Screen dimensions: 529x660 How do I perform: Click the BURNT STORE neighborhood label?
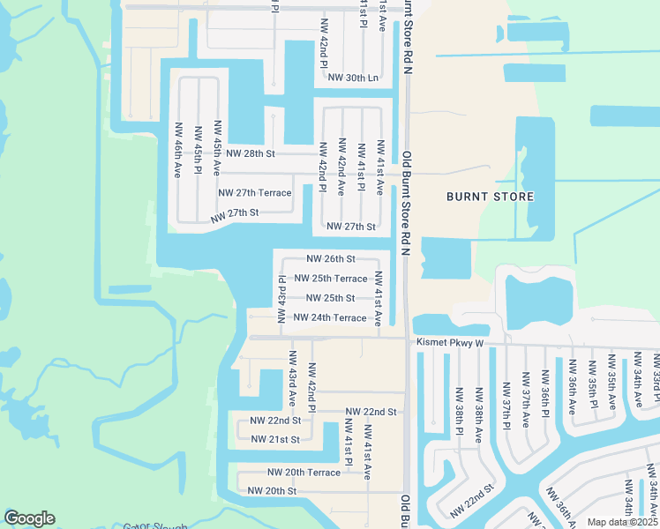click(x=490, y=197)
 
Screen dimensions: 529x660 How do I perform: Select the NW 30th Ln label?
click(x=352, y=78)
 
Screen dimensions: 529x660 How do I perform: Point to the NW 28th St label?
click(x=251, y=153)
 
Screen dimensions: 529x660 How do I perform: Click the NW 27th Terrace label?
click(x=254, y=192)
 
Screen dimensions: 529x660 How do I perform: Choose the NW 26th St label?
click(x=331, y=259)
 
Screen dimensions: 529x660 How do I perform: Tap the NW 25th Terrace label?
click(x=330, y=279)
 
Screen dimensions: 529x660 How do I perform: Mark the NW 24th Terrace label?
click(x=330, y=317)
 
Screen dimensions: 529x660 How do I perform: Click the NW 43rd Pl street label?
click(x=282, y=300)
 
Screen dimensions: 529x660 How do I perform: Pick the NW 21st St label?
click(x=275, y=439)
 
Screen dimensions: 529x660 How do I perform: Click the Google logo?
click(x=29, y=519)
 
